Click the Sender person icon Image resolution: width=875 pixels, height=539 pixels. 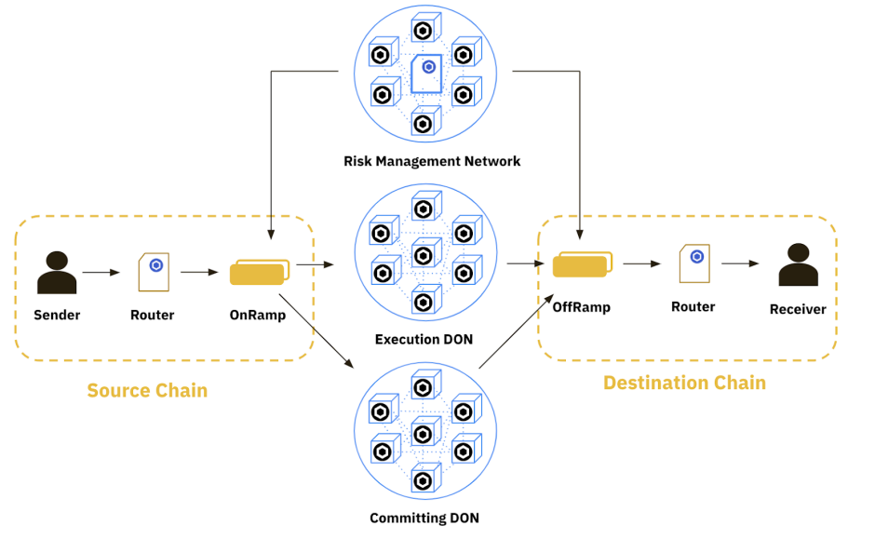[56, 272]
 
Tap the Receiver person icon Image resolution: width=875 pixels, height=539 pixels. [798, 265]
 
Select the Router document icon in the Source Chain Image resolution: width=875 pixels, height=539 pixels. [154, 272]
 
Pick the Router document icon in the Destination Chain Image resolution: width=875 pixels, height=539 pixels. [693, 264]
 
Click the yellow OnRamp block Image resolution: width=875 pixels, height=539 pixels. [258, 274]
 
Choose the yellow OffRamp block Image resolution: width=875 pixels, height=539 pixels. [581, 265]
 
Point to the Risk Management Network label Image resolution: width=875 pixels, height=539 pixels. [432, 161]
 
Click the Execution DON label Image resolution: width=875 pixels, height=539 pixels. [424, 339]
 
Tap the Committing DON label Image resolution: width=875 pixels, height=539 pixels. [424, 518]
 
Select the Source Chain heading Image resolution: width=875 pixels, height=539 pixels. [147, 390]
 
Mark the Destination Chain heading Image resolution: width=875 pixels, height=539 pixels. [684, 383]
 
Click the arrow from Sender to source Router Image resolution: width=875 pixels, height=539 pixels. [101, 273]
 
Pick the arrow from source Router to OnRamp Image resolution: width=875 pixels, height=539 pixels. [199, 273]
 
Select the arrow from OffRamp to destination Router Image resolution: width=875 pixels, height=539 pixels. [641, 264]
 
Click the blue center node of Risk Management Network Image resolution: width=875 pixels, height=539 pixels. [427, 69]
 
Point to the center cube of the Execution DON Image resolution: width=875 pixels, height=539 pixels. [424, 253]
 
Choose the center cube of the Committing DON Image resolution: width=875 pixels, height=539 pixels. [424, 432]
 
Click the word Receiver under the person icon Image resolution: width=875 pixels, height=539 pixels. [798, 309]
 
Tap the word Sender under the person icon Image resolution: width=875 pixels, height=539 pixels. [57, 315]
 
